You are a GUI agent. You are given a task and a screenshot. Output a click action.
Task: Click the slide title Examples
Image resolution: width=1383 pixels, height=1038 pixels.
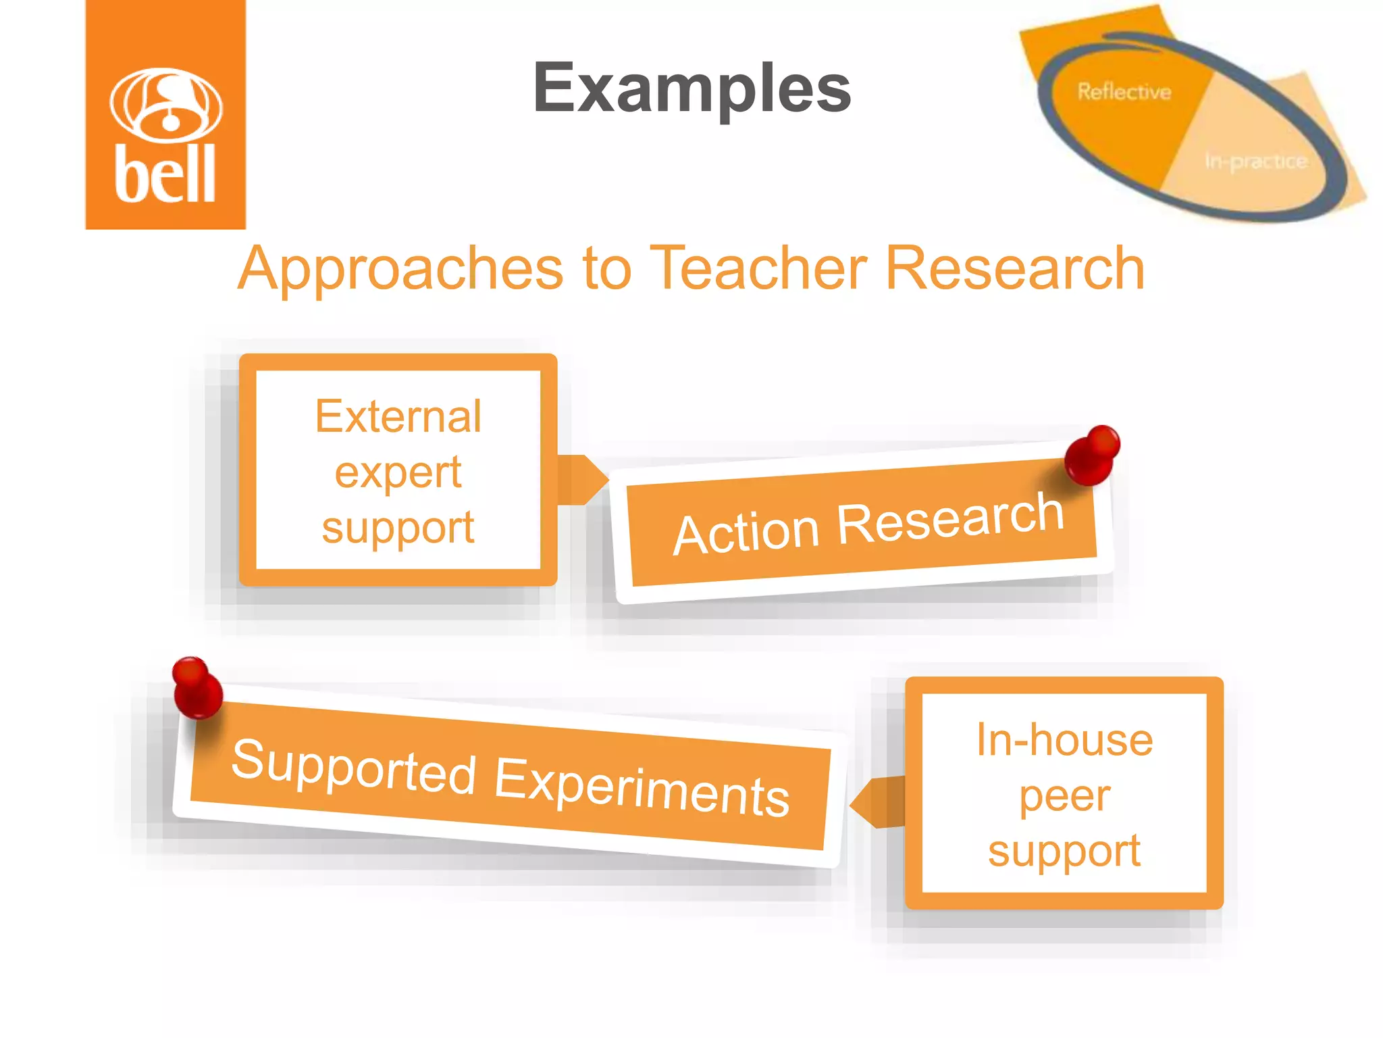pyautogui.click(x=691, y=89)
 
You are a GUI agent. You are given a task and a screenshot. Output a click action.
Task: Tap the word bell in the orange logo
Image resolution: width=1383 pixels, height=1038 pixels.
pyautogui.click(x=165, y=174)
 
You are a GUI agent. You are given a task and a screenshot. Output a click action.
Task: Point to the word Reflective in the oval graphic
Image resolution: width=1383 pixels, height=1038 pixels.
pyautogui.click(x=1124, y=91)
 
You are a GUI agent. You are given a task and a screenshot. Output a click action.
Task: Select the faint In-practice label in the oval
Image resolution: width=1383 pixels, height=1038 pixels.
pyautogui.click(x=1256, y=162)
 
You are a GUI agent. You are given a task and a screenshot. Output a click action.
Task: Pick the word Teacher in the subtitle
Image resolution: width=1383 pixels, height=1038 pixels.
pyautogui.click(x=758, y=268)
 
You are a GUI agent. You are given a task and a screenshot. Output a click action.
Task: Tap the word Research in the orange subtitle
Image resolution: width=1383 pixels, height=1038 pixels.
pyautogui.click(x=1014, y=268)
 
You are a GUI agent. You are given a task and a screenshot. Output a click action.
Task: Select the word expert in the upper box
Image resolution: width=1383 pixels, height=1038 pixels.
pyautogui.click(x=398, y=472)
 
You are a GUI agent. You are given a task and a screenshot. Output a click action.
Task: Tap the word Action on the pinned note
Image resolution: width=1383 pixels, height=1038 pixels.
pyautogui.click(x=746, y=533)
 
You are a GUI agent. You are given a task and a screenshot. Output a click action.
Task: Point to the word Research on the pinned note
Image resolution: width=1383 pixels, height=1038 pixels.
pyautogui.click(x=950, y=517)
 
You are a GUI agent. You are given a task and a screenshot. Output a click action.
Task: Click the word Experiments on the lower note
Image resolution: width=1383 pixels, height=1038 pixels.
pyautogui.click(x=642, y=787)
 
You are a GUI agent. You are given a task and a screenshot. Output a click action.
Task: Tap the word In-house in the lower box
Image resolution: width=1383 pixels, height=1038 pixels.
pyautogui.click(x=1064, y=740)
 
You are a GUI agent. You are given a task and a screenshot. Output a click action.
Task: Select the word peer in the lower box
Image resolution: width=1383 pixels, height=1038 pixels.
pyautogui.click(x=1064, y=796)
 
